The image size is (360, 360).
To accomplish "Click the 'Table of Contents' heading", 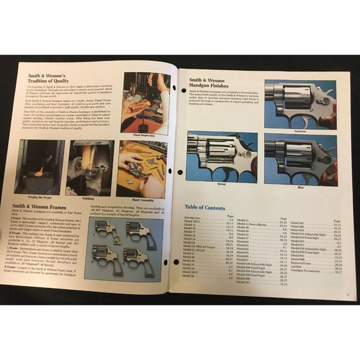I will coord(214,207).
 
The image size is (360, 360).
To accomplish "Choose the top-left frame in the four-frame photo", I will coord(106,231).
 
